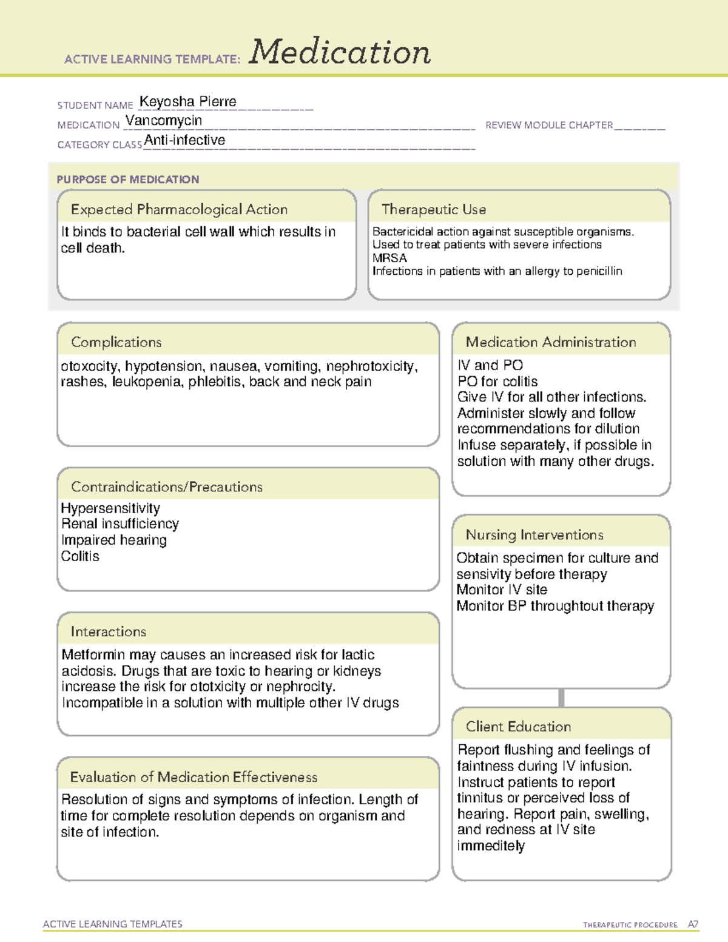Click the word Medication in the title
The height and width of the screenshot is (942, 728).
pyautogui.click(x=340, y=52)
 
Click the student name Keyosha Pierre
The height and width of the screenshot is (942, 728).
pyautogui.click(x=187, y=102)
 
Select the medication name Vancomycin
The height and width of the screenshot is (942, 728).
pyautogui.click(x=164, y=121)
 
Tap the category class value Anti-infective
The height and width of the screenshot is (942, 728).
pyautogui.click(x=184, y=140)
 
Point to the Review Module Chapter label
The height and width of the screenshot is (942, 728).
pyautogui.click(x=549, y=125)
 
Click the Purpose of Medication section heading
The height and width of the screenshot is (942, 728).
pyautogui.click(x=128, y=180)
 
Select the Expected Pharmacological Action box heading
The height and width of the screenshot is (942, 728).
pyautogui.click(x=179, y=209)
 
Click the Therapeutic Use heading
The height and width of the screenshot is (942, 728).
pyautogui.click(x=434, y=209)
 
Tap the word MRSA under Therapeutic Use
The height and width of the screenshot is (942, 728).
pyautogui.click(x=389, y=258)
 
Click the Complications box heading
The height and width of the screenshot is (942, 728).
pyautogui.click(x=116, y=342)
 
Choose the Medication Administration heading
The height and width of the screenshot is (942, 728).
pyautogui.click(x=551, y=342)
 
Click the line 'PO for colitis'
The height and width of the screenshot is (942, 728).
pyautogui.click(x=497, y=382)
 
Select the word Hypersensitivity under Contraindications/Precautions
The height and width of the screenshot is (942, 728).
pyautogui.click(x=110, y=508)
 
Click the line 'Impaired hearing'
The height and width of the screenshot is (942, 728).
pyautogui.click(x=114, y=540)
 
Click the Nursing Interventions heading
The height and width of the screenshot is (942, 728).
pyautogui.click(x=534, y=535)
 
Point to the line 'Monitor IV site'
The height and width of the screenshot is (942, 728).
pyautogui.click(x=502, y=590)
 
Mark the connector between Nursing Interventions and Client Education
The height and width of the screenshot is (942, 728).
pyautogui.click(x=561, y=698)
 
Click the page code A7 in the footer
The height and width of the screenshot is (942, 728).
pyautogui.click(x=693, y=924)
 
